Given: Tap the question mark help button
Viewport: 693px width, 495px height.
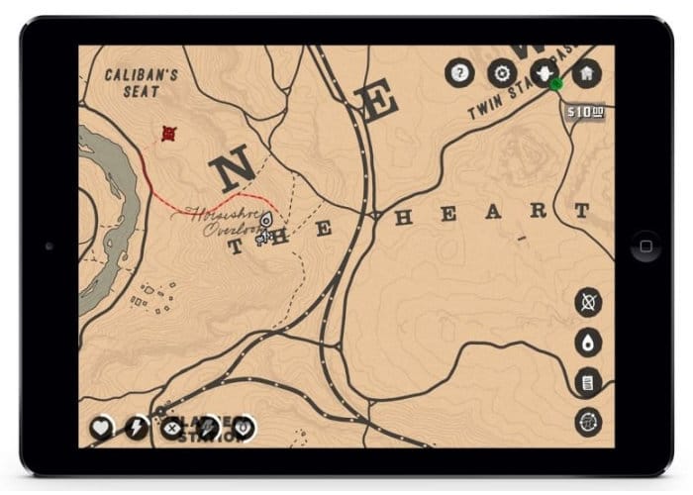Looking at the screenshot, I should (x=458, y=72).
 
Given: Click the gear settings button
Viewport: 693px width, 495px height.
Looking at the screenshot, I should (x=502, y=72).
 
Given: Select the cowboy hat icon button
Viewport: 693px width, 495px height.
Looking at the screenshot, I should (x=544, y=72).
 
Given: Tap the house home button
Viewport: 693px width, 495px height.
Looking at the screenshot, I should (x=586, y=72).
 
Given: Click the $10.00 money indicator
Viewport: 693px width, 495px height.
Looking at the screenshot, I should (x=585, y=113).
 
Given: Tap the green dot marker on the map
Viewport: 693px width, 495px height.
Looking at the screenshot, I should (x=554, y=85).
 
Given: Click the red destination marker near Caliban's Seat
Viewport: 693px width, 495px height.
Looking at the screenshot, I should (x=169, y=133).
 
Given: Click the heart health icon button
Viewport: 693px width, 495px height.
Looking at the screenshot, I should (x=101, y=428).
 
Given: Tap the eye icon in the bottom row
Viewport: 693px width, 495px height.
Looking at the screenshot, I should (x=244, y=428).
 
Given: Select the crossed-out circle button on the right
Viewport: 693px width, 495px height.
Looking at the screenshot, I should (x=588, y=301).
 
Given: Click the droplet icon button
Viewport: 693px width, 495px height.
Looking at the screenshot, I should (x=588, y=342).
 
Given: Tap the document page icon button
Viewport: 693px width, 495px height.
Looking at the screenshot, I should (x=588, y=381).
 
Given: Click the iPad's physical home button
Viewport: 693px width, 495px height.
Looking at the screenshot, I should (x=645, y=246).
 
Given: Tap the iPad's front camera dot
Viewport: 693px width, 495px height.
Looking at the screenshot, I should (x=49, y=246).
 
